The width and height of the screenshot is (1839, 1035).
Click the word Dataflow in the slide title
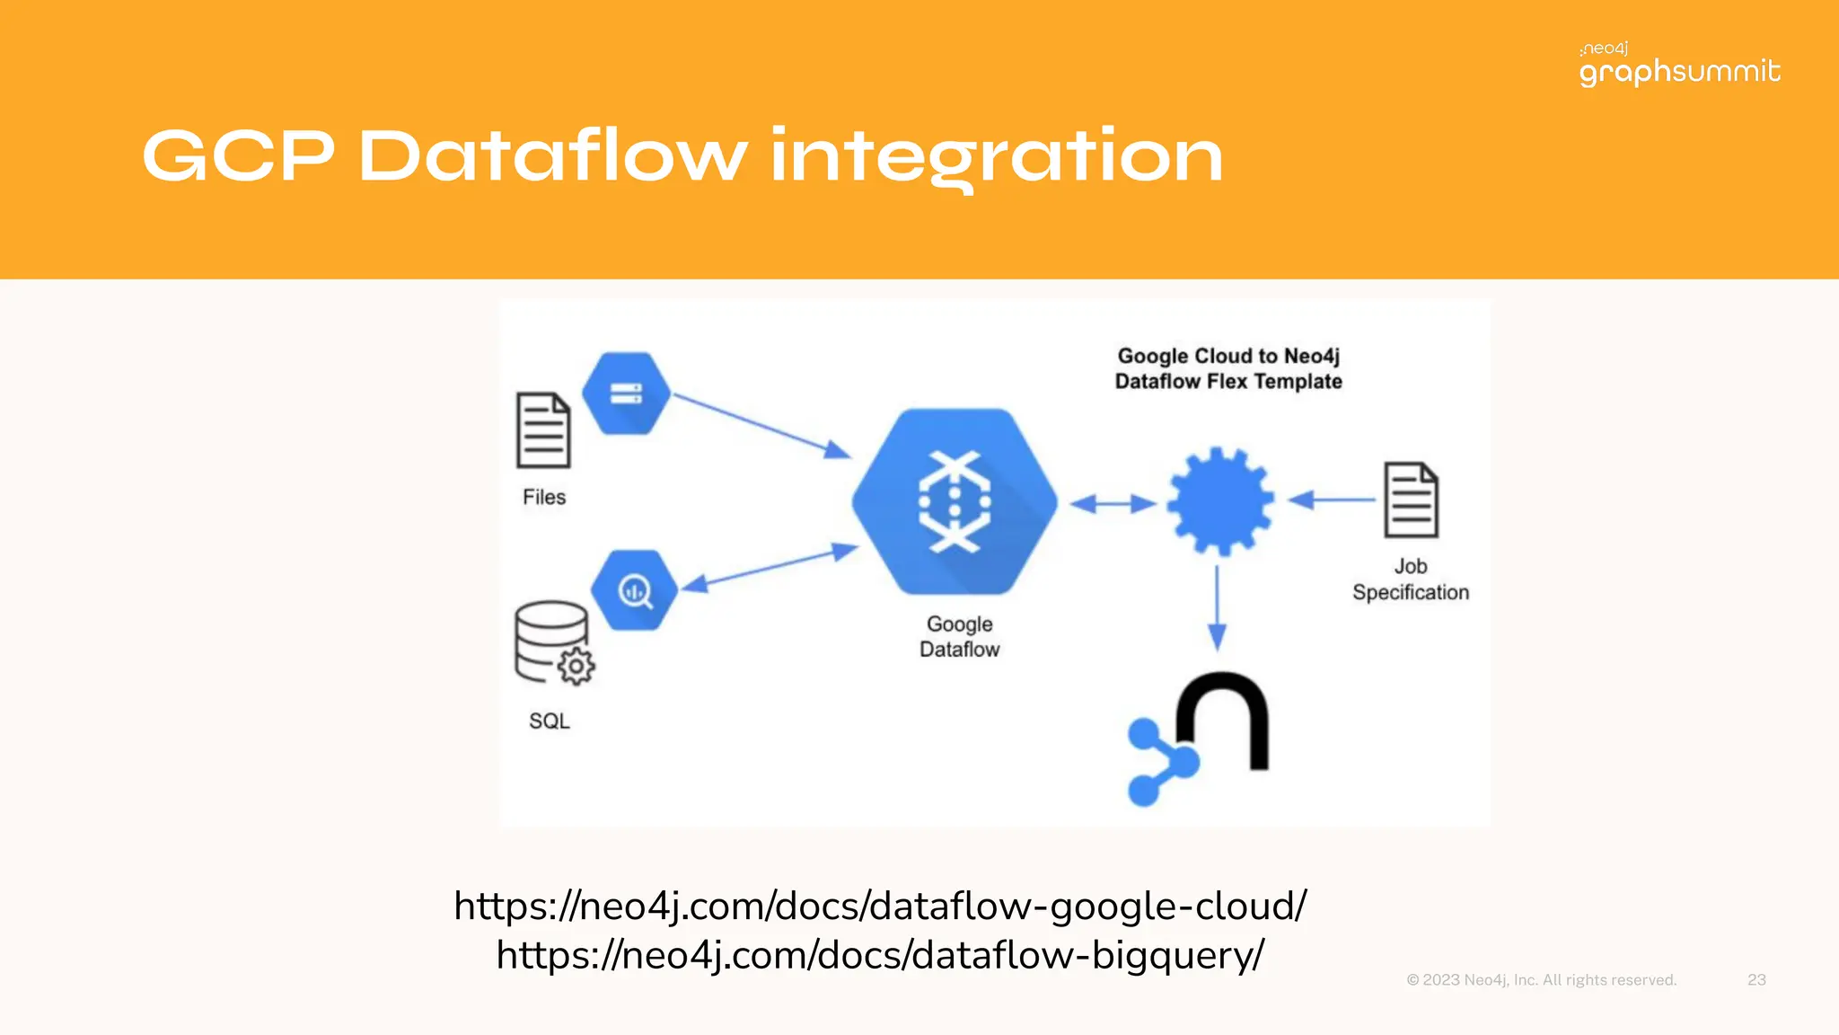tap(551, 157)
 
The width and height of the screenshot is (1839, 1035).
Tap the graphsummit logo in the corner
tap(1679, 66)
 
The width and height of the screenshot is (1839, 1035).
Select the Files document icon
tap(542, 430)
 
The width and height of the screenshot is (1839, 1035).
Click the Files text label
tap(544, 497)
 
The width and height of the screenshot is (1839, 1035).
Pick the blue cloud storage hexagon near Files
tap(626, 394)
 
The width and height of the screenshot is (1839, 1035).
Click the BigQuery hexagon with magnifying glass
tap(634, 590)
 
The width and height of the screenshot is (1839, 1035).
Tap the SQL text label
tap(550, 721)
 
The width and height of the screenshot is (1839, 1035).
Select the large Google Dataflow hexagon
tap(955, 501)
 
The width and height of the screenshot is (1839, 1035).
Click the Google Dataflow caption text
tap(959, 636)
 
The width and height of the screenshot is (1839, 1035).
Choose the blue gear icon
tap(1219, 501)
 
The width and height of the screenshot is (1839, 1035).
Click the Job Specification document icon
tap(1410, 500)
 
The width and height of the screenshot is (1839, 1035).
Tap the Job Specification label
tap(1410, 579)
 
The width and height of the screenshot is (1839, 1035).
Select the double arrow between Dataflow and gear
tap(1113, 503)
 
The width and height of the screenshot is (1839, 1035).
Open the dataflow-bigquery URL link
tap(879, 955)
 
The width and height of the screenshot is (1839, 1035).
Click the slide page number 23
tap(1756, 979)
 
